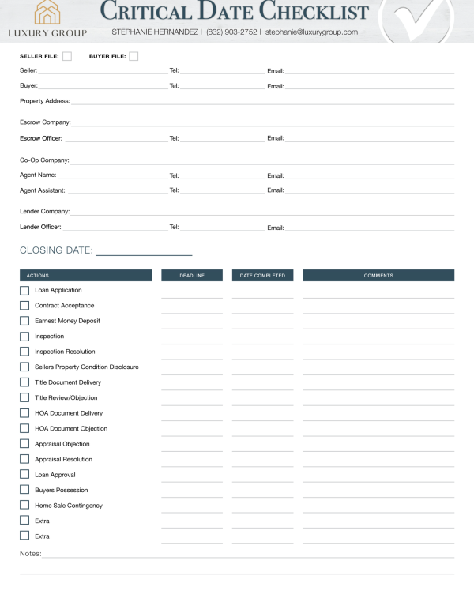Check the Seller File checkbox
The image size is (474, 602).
[67, 56]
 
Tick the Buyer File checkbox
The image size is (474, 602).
[134, 56]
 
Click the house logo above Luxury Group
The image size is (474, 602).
[47, 13]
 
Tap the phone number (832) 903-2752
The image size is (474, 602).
[231, 32]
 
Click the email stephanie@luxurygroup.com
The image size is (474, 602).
[311, 32]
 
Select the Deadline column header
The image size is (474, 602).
[192, 276]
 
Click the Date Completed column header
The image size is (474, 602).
[262, 276]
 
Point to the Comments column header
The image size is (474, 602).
[378, 276]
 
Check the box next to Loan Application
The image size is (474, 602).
[24, 291]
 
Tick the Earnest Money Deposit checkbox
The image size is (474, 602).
[24, 322]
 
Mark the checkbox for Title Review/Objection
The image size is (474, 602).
[24, 398]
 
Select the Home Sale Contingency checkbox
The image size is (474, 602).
[24, 506]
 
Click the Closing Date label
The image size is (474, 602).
[56, 251]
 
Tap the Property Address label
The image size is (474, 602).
[44, 101]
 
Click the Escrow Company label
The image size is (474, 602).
[45, 122]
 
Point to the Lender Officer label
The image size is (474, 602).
[40, 227]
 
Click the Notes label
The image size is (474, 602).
[30, 554]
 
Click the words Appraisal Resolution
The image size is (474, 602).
[63, 460]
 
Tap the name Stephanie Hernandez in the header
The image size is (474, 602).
[155, 32]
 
